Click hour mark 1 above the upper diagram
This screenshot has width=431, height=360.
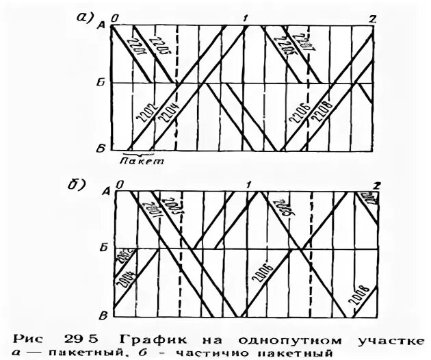click(x=245, y=18)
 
